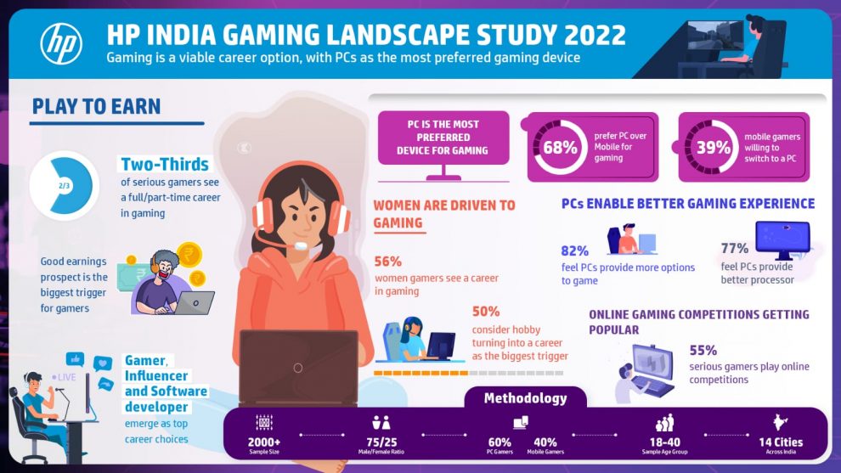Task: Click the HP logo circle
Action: pos(61,44)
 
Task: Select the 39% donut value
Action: pos(714,146)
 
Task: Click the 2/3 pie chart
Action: pos(64,184)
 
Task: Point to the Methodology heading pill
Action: pos(525,398)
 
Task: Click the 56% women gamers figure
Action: pos(387,262)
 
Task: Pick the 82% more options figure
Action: pos(575,251)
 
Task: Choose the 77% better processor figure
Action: pos(734,249)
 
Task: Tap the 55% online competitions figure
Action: pos(703,350)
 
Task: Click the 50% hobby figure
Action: pos(486,312)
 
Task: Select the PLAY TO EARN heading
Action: pos(96,107)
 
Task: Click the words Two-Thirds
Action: pos(165,165)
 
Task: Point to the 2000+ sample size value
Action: pos(263,442)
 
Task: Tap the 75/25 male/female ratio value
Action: pos(381,442)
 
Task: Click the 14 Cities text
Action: pos(781,442)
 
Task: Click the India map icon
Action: pos(781,422)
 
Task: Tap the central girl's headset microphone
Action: pos(300,246)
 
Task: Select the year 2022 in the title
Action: pos(589,36)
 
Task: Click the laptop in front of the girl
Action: pos(297,367)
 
